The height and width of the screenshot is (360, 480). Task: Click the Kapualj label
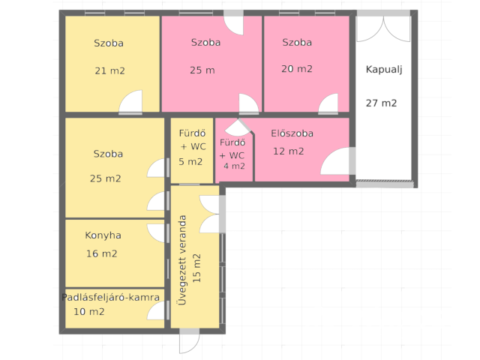(x=384, y=70)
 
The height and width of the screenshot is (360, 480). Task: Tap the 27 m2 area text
(x=381, y=103)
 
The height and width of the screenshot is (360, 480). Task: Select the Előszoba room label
(x=292, y=133)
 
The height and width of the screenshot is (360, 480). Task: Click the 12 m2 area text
(x=288, y=151)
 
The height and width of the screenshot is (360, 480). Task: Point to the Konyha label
(x=103, y=235)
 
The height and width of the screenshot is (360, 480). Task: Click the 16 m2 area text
(x=102, y=253)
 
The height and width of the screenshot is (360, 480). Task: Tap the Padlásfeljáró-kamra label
(x=110, y=297)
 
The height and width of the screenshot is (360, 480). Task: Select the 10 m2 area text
(x=89, y=312)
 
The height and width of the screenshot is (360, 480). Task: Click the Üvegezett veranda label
(x=182, y=260)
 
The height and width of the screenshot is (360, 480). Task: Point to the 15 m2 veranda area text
(x=196, y=268)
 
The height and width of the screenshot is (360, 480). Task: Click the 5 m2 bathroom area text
(x=190, y=162)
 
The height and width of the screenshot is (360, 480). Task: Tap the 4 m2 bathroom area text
(x=234, y=166)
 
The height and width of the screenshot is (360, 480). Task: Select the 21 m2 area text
(x=110, y=70)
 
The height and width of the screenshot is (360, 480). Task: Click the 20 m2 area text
(x=297, y=68)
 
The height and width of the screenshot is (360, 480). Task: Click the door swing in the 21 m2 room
(x=131, y=102)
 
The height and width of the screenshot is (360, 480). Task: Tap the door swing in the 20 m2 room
(x=328, y=103)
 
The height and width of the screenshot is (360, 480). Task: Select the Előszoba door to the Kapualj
(x=335, y=161)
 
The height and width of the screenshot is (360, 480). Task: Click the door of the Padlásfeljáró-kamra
(x=156, y=310)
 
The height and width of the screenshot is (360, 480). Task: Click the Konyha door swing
(x=156, y=233)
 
